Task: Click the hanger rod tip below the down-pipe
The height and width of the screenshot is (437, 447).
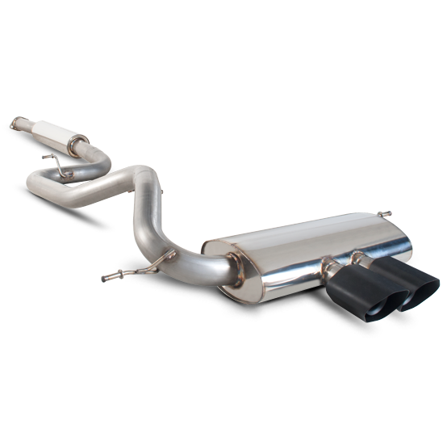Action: (x=106, y=279)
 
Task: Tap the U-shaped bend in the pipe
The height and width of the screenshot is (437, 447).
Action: (x=36, y=184)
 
